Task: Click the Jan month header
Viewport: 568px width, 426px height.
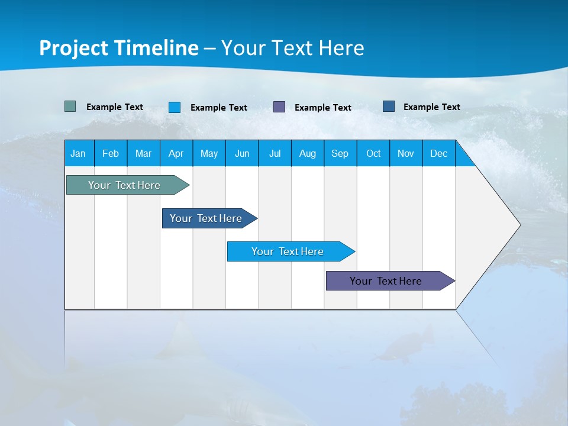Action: (x=78, y=154)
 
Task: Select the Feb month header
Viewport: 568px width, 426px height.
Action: (x=111, y=154)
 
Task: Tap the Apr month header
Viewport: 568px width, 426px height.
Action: (x=176, y=154)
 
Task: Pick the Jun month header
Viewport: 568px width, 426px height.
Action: (x=242, y=154)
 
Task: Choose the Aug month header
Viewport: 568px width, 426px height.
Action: (x=308, y=154)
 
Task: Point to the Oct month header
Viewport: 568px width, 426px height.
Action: (x=373, y=154)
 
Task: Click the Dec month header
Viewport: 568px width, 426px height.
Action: (x=439, y=154)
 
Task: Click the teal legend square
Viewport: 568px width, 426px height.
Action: (x=70, y=106)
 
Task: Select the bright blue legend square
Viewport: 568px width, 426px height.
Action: (x=175, y=107)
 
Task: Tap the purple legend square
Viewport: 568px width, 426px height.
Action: (x=279, y=107)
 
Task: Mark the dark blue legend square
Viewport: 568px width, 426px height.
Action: (x=389, y=106)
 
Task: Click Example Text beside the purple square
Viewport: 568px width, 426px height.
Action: (x=323, y=108)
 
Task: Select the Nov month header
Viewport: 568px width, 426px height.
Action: (x=406, y=154)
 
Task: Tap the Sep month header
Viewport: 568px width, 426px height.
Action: (x=340, y=154)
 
